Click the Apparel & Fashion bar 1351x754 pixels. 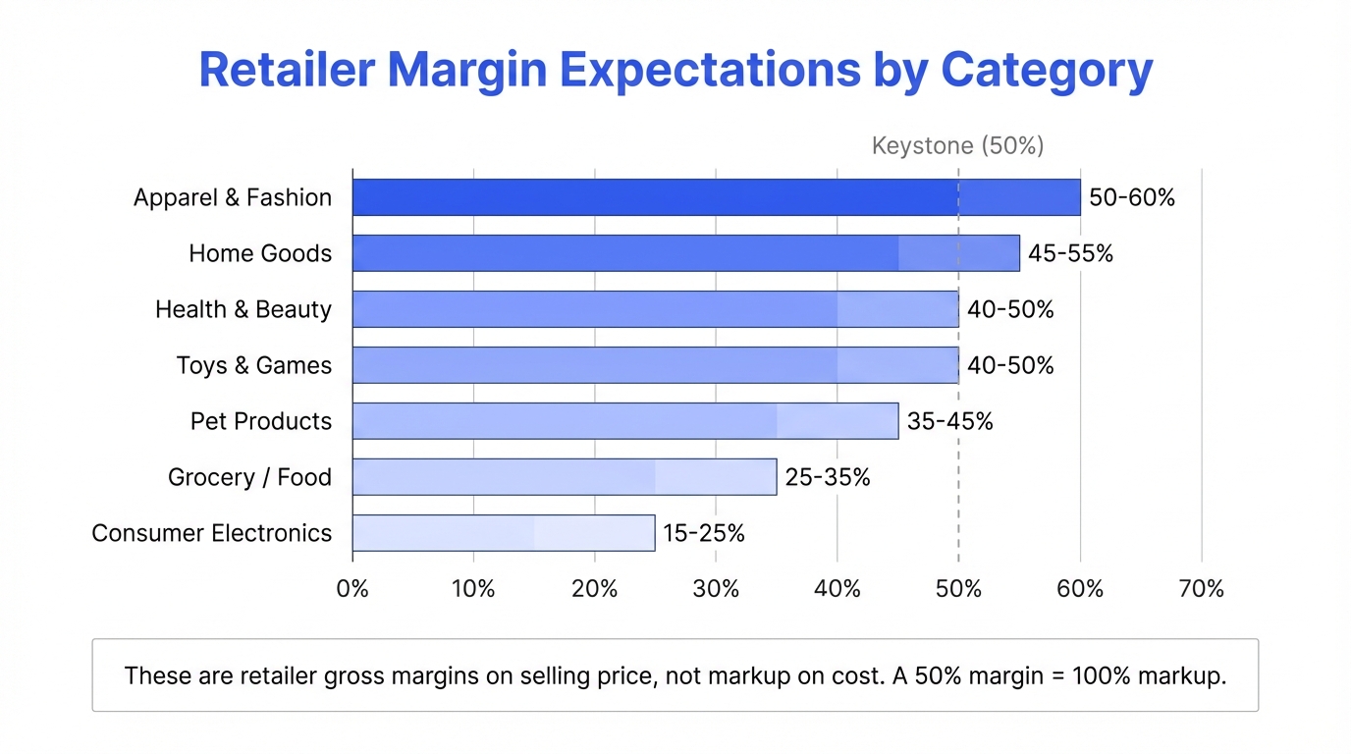point(716,197)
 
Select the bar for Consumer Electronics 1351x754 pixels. point(503,533)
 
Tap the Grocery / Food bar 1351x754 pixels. point(564,477)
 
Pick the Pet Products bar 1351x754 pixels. point(624,421)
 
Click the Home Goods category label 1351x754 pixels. point(260,253)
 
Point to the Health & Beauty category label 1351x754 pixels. point(243,309)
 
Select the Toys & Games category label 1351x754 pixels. point(254,365)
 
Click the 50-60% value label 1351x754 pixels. point(1131,197)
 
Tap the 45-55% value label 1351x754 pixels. point(1070,253)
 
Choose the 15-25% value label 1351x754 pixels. point(704,533)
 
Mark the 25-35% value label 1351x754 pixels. point(827,477)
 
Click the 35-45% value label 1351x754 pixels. point(949,421)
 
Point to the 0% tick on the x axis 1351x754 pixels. point(352,589)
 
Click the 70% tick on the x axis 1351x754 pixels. point(1202,589)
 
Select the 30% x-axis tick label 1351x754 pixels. point(716,589)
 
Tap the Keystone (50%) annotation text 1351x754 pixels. point(957,146)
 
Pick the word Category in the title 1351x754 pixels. point(1047,71)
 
